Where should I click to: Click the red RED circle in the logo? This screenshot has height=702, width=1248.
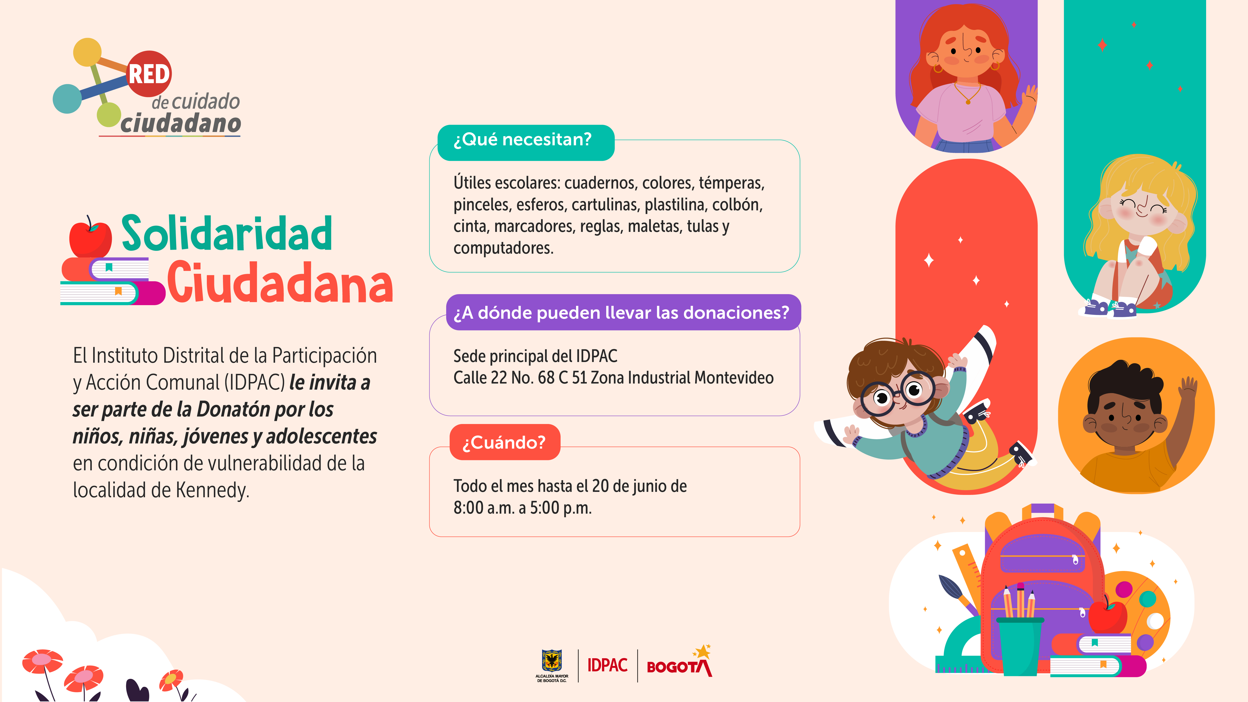[x=149, y=74]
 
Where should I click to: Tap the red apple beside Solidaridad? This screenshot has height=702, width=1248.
[x=90, y=237]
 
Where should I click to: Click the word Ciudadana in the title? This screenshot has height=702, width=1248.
[x=280, y=282]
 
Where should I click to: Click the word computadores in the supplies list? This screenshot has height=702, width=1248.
[x=503, y=248]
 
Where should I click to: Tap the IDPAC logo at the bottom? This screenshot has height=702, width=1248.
[x=608, y=665]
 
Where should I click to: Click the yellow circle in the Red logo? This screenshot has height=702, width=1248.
[x=87, y=52]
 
